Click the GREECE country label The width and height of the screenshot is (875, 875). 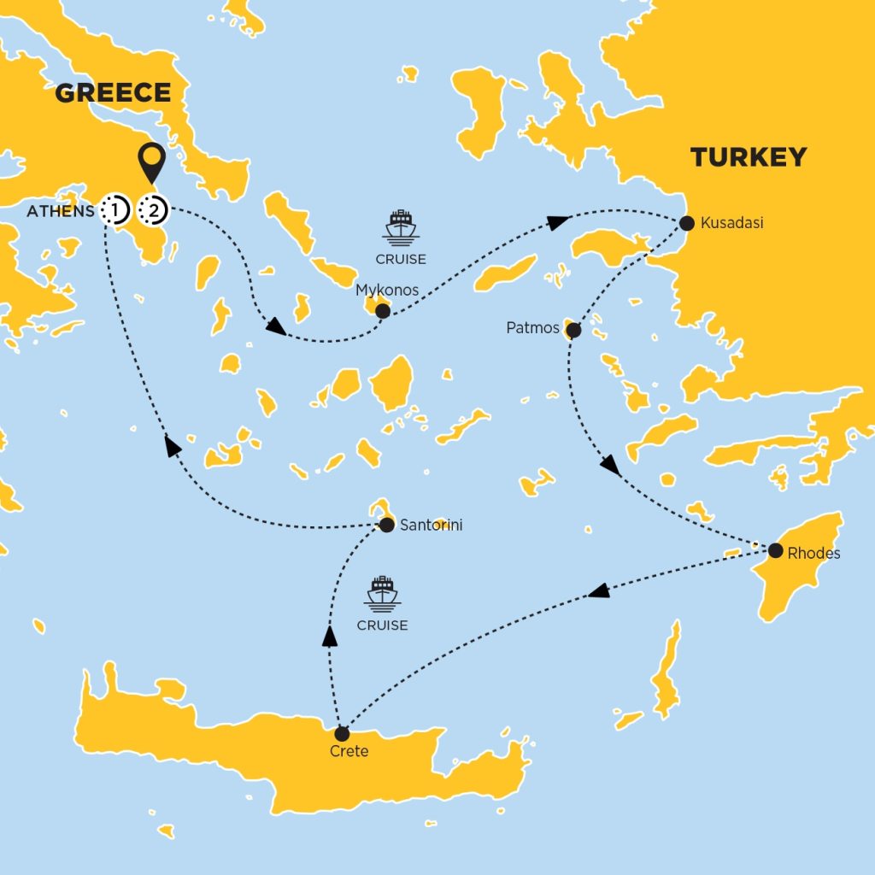point(113,92)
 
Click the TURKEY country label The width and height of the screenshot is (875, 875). point(749,157)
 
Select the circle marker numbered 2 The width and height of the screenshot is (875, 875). point(155,208)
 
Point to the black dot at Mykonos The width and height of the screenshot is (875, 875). point(383,311)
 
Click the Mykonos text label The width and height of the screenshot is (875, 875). point(387,291)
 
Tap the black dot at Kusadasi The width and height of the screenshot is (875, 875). point(686,224)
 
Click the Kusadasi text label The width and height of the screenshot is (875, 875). point(731,223)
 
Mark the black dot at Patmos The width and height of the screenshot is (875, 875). point(574,330)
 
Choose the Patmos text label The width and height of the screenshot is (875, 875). point(532,328)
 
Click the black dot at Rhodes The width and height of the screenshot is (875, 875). point(775,550)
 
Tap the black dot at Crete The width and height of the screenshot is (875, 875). point(342,733)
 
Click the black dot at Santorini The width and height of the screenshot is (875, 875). point(385,525)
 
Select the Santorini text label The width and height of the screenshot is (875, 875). point(431,526)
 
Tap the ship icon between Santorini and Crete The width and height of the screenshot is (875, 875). point(382,592)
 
